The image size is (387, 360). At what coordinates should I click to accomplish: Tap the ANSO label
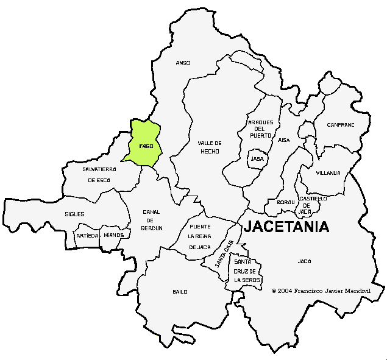pos(183,63)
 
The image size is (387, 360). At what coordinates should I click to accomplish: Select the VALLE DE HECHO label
pos(209,147)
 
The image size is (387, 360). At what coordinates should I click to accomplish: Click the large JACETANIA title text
pos(286,227)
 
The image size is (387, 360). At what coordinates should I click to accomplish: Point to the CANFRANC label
pos(340,124)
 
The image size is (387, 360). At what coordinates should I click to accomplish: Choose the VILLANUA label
pos(328,173)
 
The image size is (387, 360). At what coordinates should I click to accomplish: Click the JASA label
pos(257,159)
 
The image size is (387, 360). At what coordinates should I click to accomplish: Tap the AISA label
pos(284,140)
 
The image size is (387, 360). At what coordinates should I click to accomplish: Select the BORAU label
pos(286,202)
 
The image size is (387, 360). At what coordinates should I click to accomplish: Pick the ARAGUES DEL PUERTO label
pos(260,129)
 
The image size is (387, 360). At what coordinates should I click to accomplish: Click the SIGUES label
pos(74,214)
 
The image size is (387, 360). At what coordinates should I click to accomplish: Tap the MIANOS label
pos(114,235)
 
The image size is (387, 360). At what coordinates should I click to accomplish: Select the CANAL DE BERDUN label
pos(152,219)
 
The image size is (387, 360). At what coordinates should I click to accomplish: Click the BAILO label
pos(180,292)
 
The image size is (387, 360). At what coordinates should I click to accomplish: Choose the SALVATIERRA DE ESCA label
pos(99,174)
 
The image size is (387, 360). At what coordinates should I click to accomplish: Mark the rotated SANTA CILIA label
pos(224,255)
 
